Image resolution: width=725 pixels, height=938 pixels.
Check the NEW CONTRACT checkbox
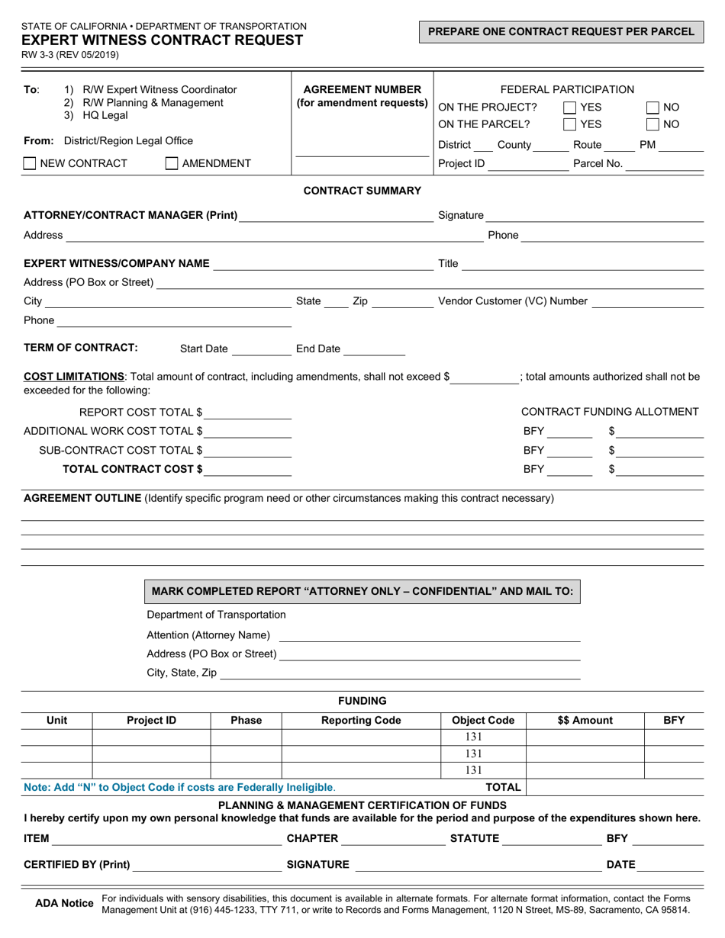[x=30, y=162]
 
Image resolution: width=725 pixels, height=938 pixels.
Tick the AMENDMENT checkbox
[x=172, y=162]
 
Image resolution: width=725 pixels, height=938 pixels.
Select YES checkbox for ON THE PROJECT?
[x=569, y=108]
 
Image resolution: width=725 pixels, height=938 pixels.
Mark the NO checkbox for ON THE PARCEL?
[x=652, y=124]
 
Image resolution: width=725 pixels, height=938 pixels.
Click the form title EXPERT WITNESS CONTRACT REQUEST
[x=162, y=40]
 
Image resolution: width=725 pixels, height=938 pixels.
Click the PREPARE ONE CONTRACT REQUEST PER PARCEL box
[x=561, y=32]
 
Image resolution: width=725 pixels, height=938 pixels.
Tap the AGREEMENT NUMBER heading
[x=362, y=89]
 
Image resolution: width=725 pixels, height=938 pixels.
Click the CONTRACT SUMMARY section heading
[x=362, y=191]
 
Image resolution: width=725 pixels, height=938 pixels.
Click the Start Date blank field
[x=261, y=349]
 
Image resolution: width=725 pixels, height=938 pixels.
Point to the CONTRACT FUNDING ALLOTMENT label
[x=610, y=412]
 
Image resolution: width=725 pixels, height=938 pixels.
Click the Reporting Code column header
[x=361, y=720]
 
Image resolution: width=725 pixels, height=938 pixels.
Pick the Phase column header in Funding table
[x=246, y=720]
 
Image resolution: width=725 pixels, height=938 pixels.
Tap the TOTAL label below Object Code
[x=504, y=787]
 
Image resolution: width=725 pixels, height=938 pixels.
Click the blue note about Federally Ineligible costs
[x=179, y=787]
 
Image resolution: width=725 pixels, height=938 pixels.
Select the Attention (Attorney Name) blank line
[x=429, y=635]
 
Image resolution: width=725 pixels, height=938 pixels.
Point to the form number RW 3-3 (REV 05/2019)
[x=71, y=55]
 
